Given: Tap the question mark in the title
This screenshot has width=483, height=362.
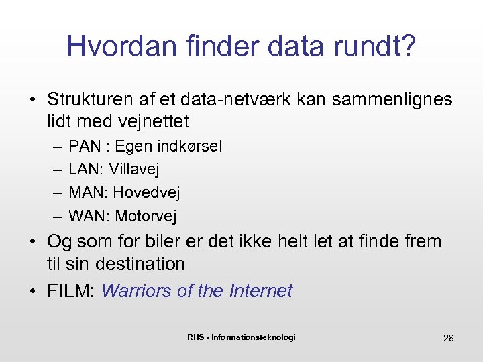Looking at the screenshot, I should pos(408,46).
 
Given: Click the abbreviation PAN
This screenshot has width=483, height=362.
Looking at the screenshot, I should pos(84,146).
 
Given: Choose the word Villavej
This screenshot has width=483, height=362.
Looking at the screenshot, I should pos(133,170).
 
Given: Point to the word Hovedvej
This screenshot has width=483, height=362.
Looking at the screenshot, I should pos(146,193).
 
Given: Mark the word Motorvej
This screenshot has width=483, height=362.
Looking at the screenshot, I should pos(146,216).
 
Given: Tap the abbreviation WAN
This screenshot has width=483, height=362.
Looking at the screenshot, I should pos(87,216).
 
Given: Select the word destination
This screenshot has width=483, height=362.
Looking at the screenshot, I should pos(140,263).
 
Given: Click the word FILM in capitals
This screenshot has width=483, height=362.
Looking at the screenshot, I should pos(71,291).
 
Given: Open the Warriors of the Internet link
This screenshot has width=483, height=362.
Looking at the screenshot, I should pos(197,291).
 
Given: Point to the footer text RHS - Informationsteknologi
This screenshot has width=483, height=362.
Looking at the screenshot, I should pos(241,337).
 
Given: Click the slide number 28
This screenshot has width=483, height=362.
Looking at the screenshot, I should pos(448,338).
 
